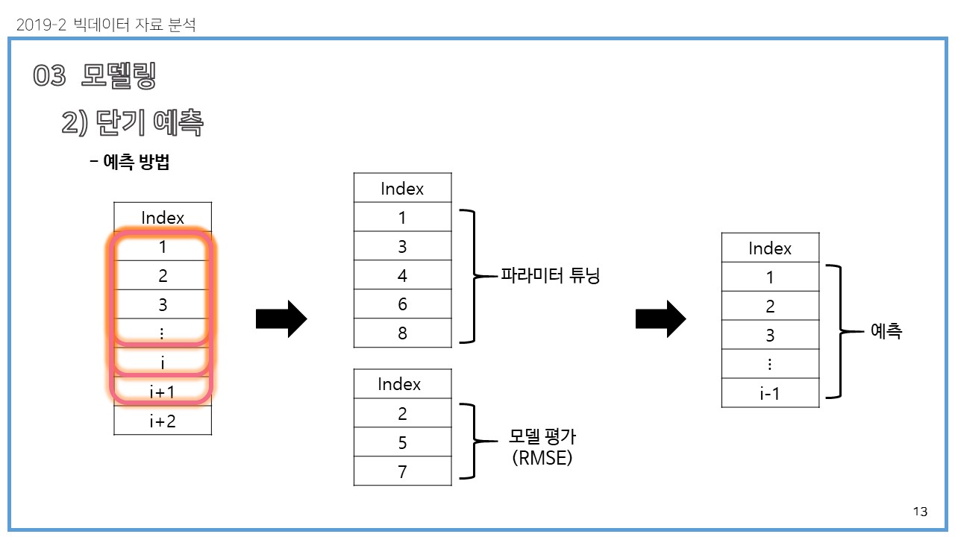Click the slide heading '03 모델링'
[x=95, y=76]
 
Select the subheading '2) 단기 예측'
[x=132, y=123]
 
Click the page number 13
[x=920, y=512]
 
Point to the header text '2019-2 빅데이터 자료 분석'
[x=105, y=25]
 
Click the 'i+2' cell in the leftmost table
[x=163, y=421]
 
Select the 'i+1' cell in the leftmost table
[x=163, y=392]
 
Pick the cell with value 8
[x=402, y=333]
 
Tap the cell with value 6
[x=402, y=304]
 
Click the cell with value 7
[x=402, y=471]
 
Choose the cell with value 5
[x=402, y=442]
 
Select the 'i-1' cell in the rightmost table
[x=770, y=393]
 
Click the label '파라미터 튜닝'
[x=551, y=276]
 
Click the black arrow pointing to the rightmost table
[x=660, y=319]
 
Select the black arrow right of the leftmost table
[x=281, y=319]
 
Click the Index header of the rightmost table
[x=770, y=248]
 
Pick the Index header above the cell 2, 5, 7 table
[x=399, y=384]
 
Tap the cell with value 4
[x=402, y=275]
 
